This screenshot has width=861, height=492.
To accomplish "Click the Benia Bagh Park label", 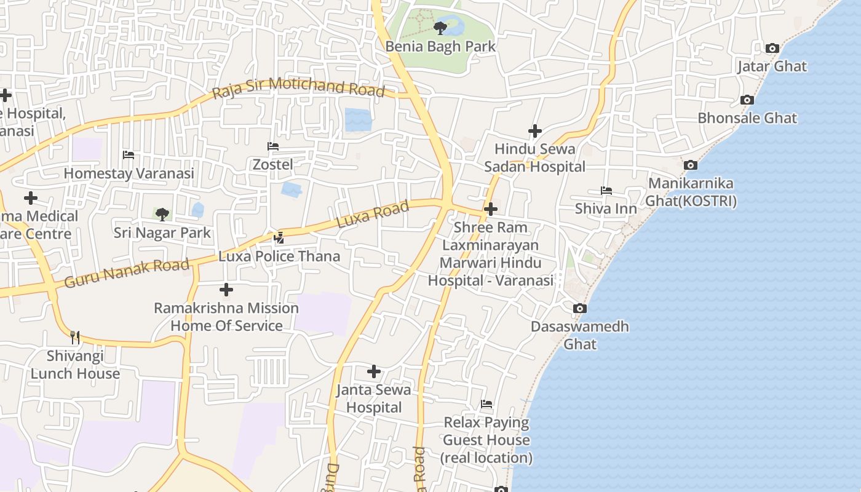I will (x=440, y=46).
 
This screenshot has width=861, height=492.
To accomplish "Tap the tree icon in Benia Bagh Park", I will (x=440, y=28).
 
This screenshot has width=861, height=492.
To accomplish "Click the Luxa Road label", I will (x=373, y=215).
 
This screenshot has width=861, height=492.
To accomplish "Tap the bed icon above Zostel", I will (x=273, y=146).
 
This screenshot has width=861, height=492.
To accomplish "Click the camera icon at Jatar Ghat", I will (x=772, y=48).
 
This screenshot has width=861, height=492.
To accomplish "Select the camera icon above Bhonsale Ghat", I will (x=747, y=100).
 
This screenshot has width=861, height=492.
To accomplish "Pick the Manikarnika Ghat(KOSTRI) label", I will (x=691, y=192).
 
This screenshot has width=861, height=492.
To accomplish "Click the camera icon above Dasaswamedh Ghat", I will (x=579, y=308).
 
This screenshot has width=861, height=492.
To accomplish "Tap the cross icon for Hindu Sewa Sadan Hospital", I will (x=535, y=131).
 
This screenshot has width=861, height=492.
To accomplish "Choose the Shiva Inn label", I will (x=606, y=208).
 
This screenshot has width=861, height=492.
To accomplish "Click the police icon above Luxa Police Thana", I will (x=279, y=237).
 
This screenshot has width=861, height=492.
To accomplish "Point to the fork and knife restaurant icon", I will (x=75, y=337).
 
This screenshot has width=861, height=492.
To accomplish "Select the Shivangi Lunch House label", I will (x=75, y=365).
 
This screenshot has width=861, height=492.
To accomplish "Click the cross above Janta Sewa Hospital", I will (x=374, y=371).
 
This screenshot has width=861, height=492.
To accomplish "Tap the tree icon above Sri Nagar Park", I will (x=162, y=214).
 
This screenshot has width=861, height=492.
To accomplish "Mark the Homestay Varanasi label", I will (x=129, y=173).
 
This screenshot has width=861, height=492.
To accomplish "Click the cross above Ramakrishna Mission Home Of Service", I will (x=226, y=289).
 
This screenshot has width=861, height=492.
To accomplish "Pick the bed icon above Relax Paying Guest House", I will (x=486, y=404).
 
